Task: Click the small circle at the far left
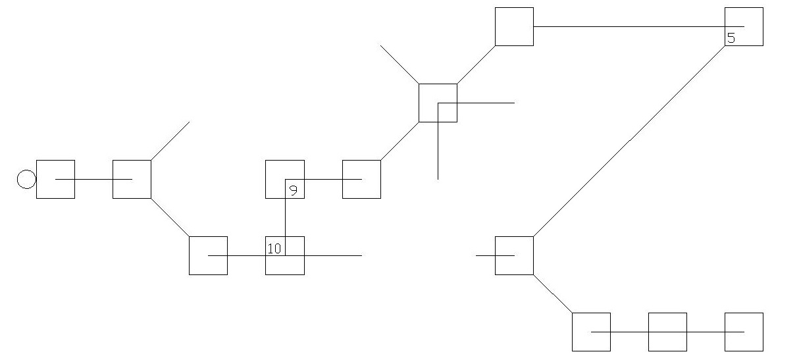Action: coord(26,179)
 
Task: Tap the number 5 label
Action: coord(731,38)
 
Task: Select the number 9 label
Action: coord(293,190)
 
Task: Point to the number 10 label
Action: coord(274,248)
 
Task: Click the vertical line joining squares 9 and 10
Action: coord(286,217)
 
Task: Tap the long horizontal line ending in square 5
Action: coord(639,26)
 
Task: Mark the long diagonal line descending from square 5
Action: coord(629,141)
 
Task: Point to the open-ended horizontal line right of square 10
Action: coord(333,255)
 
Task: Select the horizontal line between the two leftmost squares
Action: coord(94,179)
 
